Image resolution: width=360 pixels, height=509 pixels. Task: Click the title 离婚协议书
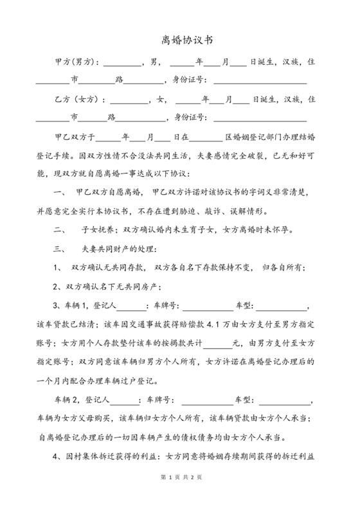coord(179,39)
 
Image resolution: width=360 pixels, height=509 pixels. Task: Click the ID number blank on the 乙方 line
coord(260,119)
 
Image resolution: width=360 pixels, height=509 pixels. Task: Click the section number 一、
coord(60,193)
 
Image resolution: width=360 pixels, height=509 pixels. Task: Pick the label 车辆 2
coord(78,400)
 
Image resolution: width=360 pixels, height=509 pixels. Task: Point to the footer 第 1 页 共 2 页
coord(179,496)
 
